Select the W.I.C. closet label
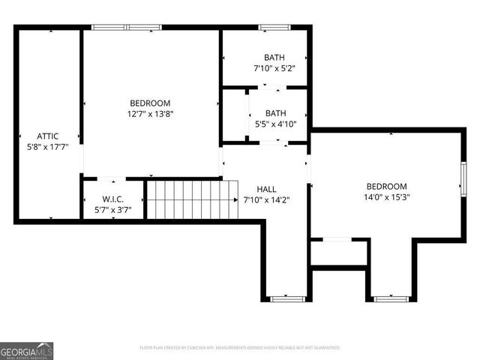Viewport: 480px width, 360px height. point(112,199)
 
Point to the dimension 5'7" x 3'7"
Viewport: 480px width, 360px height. point(112,210)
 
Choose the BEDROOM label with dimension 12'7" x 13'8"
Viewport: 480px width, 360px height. point(150,103)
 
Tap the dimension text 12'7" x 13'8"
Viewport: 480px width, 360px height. point(150,114)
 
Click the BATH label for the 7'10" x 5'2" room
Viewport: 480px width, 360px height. point(274,58)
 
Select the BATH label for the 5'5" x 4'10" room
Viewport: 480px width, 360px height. point(274,114)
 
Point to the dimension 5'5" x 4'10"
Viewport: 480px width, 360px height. point(274,125)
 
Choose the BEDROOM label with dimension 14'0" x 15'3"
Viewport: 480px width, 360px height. point(386,186)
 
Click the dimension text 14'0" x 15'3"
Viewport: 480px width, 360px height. point(386,197)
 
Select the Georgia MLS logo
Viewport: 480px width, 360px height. point(27,351)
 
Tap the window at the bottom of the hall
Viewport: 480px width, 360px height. point(286,298)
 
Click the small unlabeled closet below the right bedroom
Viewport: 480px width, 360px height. point(338,253)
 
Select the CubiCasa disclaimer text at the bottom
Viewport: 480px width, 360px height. point(240,348)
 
